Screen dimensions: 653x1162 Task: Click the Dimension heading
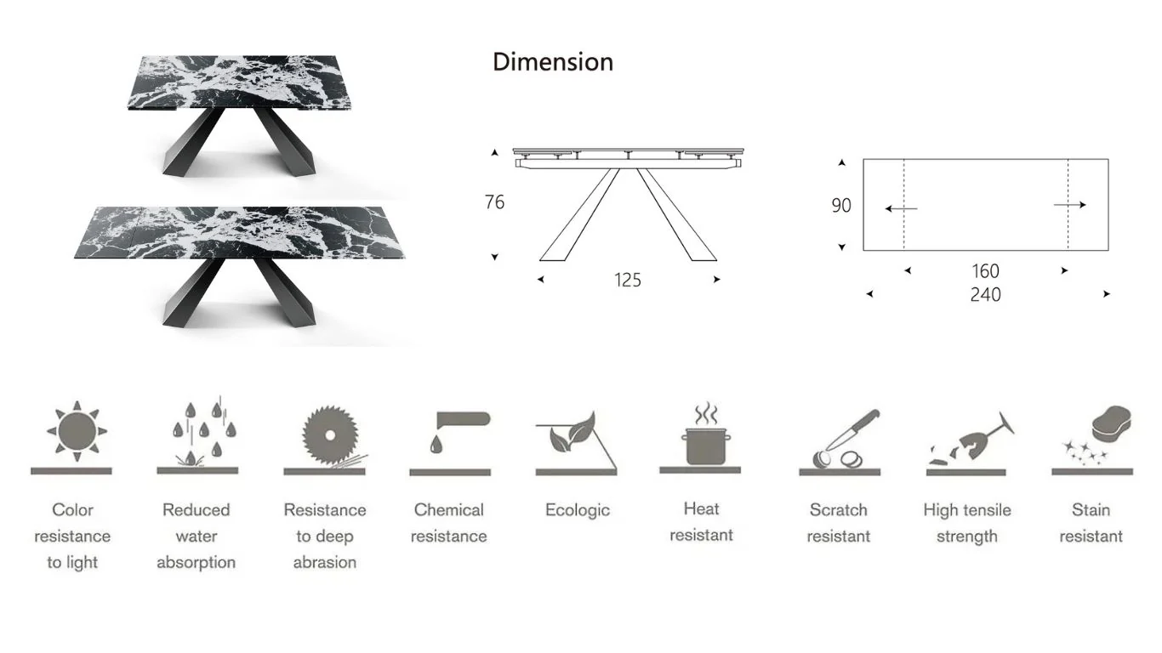tap(553, 62)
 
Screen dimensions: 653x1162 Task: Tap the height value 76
tap(494, 202)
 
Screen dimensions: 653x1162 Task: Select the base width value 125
tap(628, 280)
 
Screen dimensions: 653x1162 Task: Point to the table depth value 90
tap(841, 206)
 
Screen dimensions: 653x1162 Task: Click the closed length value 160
tap(985, 271)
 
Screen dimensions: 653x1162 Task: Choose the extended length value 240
tap(985, 295)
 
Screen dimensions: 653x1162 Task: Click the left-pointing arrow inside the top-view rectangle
tap(900, 208)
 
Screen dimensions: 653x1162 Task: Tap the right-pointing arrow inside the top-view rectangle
tap(1070, 205)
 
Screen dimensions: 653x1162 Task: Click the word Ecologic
tap(578, 510)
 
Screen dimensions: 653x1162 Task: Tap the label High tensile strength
tap(967, 523)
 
